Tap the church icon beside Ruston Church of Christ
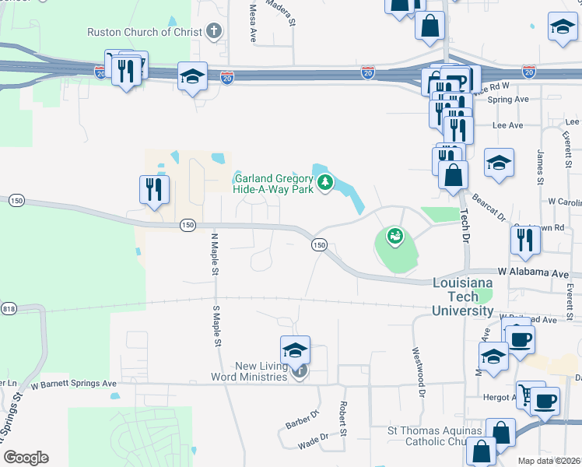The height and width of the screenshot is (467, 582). point(214,32)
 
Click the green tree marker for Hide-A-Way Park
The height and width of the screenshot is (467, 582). point(325,184)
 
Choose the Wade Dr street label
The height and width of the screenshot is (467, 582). point(312,444)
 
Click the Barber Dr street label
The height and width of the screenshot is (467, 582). point(302,420)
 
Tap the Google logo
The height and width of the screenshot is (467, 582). point(26,458)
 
